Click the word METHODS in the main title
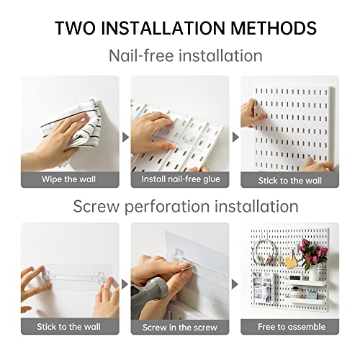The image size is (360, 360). (x=274, y=28)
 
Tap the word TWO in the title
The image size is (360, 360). (x=75, y=28)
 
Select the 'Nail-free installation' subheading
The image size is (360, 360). (x=186, y=55)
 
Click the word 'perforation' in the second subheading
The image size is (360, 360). (x=167, y=207)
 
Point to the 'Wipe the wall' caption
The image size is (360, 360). (x=68, y=179)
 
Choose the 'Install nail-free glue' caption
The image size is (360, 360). (x=181, y=179)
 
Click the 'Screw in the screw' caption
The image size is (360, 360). (x=180, y=328)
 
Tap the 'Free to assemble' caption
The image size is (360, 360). (x=292, y=327)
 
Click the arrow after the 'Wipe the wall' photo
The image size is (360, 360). (x=125, y=138)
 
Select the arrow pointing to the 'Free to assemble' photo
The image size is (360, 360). (x=235, y=284)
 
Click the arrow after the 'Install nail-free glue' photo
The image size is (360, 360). (x=235, y=138)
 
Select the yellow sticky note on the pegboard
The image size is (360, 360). (x=291, y=262)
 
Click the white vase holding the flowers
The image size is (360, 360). (x=313, y=274)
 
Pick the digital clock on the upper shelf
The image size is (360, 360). (x=295, y=278)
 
